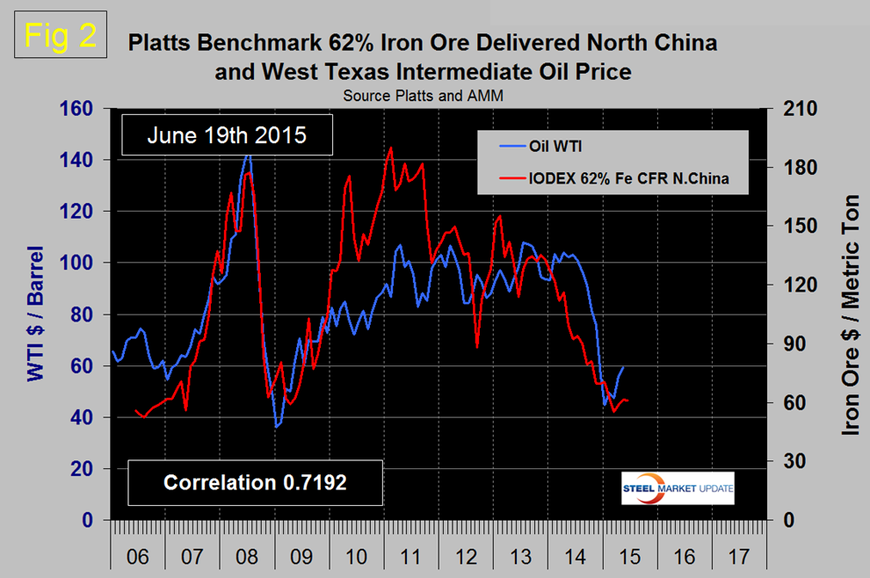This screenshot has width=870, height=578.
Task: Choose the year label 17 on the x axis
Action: tap(736, 558)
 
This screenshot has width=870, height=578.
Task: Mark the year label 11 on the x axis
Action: tap(410, 558)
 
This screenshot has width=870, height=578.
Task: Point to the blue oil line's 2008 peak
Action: tap(248, 155)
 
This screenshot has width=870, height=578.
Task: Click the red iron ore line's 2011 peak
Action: tap(390, 148)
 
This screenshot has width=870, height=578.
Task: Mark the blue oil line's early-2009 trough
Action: tap(276, 427)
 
